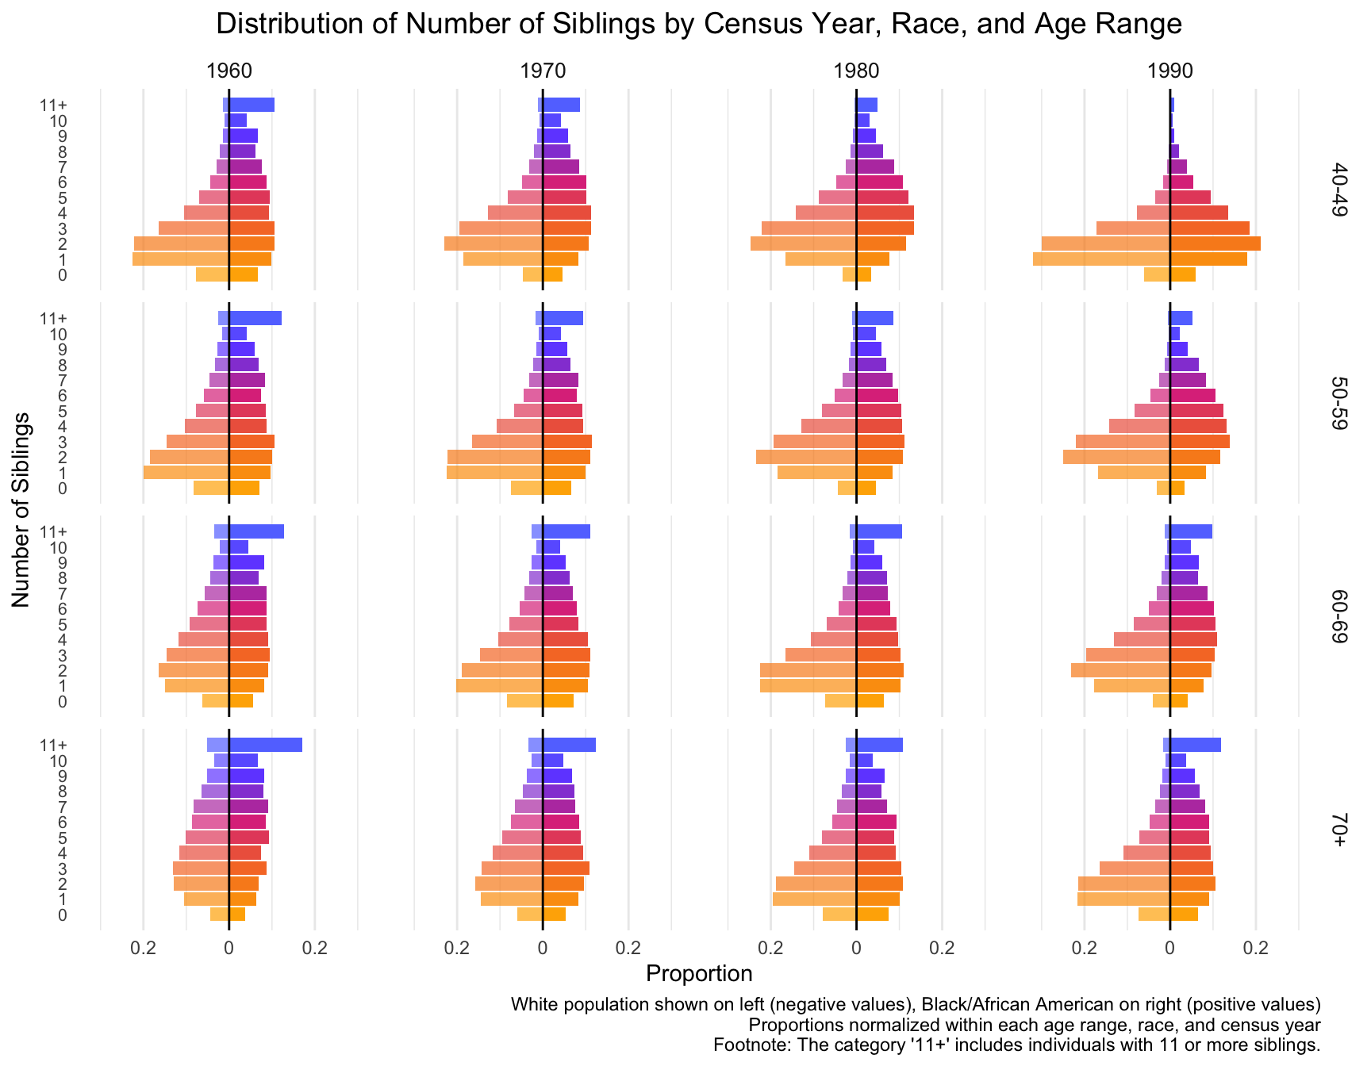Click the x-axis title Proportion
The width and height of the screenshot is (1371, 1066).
[x=699, y=973]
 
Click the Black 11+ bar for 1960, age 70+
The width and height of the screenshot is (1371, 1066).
[x=265, y=745]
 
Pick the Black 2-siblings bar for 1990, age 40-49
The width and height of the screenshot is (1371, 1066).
[x=1215, y=243]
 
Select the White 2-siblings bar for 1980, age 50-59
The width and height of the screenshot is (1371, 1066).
[x=806, y=457]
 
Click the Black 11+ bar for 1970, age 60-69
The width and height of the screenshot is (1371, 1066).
[x=566, y=531]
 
